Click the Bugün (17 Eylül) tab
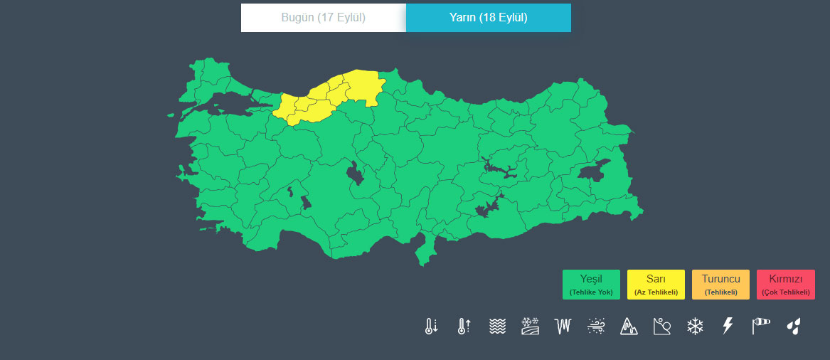[x=323, y=18]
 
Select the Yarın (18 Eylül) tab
[x=488, y=18]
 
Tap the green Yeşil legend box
[x=591, y=285]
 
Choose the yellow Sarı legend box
[x=656, y=285]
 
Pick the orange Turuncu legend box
[x=720, y=285]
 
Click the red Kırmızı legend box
[x=785, y=285]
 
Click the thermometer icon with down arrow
[x=431, y=327]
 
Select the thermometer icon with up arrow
[x=464, y=327]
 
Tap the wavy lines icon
[x=497, y=327]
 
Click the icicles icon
[x=563, y=327]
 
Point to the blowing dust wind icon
[x=596, y=327]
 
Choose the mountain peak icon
[x=629, y=327]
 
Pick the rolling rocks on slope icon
[x=662, y=327]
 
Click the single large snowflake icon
[x=695, y=327]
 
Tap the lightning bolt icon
[x=728, y=327]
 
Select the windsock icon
[x=761, y=327]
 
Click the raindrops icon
[x=794, y=327]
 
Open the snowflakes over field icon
[x=530, y=327]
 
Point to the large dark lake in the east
[x=594, y=171]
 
